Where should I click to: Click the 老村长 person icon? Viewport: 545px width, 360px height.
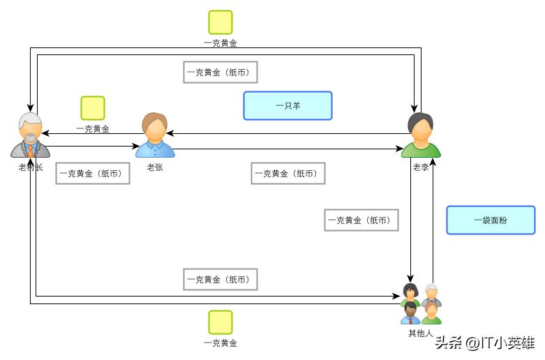click(30, 135)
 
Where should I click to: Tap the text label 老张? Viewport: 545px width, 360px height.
click(155, 167)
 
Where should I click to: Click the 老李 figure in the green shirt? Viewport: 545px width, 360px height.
click(421, 136)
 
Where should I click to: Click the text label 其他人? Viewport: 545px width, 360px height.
click(421, 333)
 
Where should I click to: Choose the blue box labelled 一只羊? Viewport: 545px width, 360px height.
click(288, 105)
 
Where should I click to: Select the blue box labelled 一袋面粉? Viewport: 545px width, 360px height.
click(491, 220)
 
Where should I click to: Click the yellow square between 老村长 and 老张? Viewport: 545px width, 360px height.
click(93, 108)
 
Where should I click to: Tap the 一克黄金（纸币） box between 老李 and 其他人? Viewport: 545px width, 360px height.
click(361, 220)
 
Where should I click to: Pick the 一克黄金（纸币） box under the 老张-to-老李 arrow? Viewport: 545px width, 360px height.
click(288, 173)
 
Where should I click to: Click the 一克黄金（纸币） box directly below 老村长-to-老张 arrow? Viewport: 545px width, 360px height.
click(93, 173)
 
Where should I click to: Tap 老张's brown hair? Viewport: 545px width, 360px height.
click(155, 121)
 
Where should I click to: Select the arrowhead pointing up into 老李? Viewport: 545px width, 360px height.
click(433, 163)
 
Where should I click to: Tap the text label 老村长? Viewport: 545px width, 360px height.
click(31, 167)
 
